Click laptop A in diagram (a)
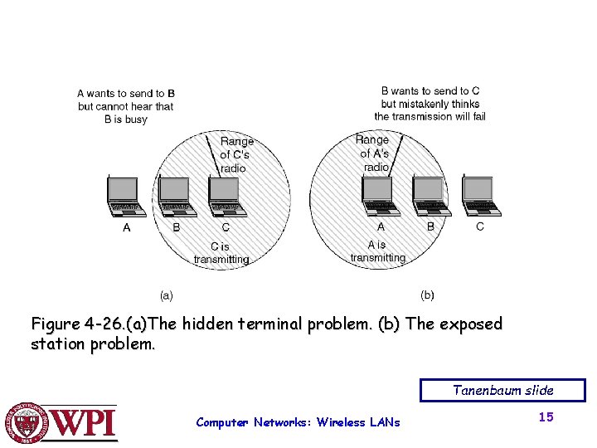coord(126,196)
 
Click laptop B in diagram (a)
coord(175,196)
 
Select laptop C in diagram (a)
coord(226,196)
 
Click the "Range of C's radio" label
coord(236,154)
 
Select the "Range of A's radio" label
coord(373,153)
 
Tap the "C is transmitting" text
coord(221,252)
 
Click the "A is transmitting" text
coord(377,251)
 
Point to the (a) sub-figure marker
coord(166,294)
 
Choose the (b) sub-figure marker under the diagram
coord(427,295)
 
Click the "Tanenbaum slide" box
coord(502,390)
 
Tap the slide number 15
coord(545,417)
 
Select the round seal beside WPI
coord(27,423)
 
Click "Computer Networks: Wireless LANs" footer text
coord(298,422)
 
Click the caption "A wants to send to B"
coord(126,94)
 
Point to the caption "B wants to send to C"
coord(430,90)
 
